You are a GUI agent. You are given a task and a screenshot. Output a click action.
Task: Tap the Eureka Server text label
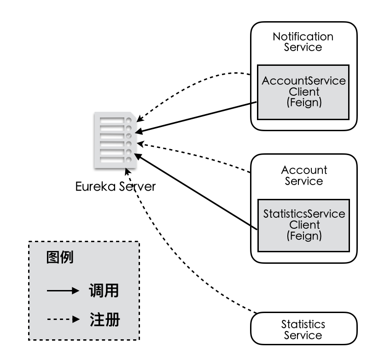coord(116,186)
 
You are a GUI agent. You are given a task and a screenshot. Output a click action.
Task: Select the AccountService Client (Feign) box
coord(303,92)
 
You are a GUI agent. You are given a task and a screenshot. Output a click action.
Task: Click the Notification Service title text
coord(303,41)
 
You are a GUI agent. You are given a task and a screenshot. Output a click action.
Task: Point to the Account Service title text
coord(304,175)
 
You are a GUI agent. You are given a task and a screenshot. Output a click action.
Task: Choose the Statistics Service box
coord(303,330)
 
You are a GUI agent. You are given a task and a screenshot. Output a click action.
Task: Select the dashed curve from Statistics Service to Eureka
coord(184,258)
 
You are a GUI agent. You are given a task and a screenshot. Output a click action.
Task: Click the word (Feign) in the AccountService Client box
coord(303,103)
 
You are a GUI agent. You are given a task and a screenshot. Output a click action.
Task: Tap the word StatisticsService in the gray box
coord(304,214)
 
